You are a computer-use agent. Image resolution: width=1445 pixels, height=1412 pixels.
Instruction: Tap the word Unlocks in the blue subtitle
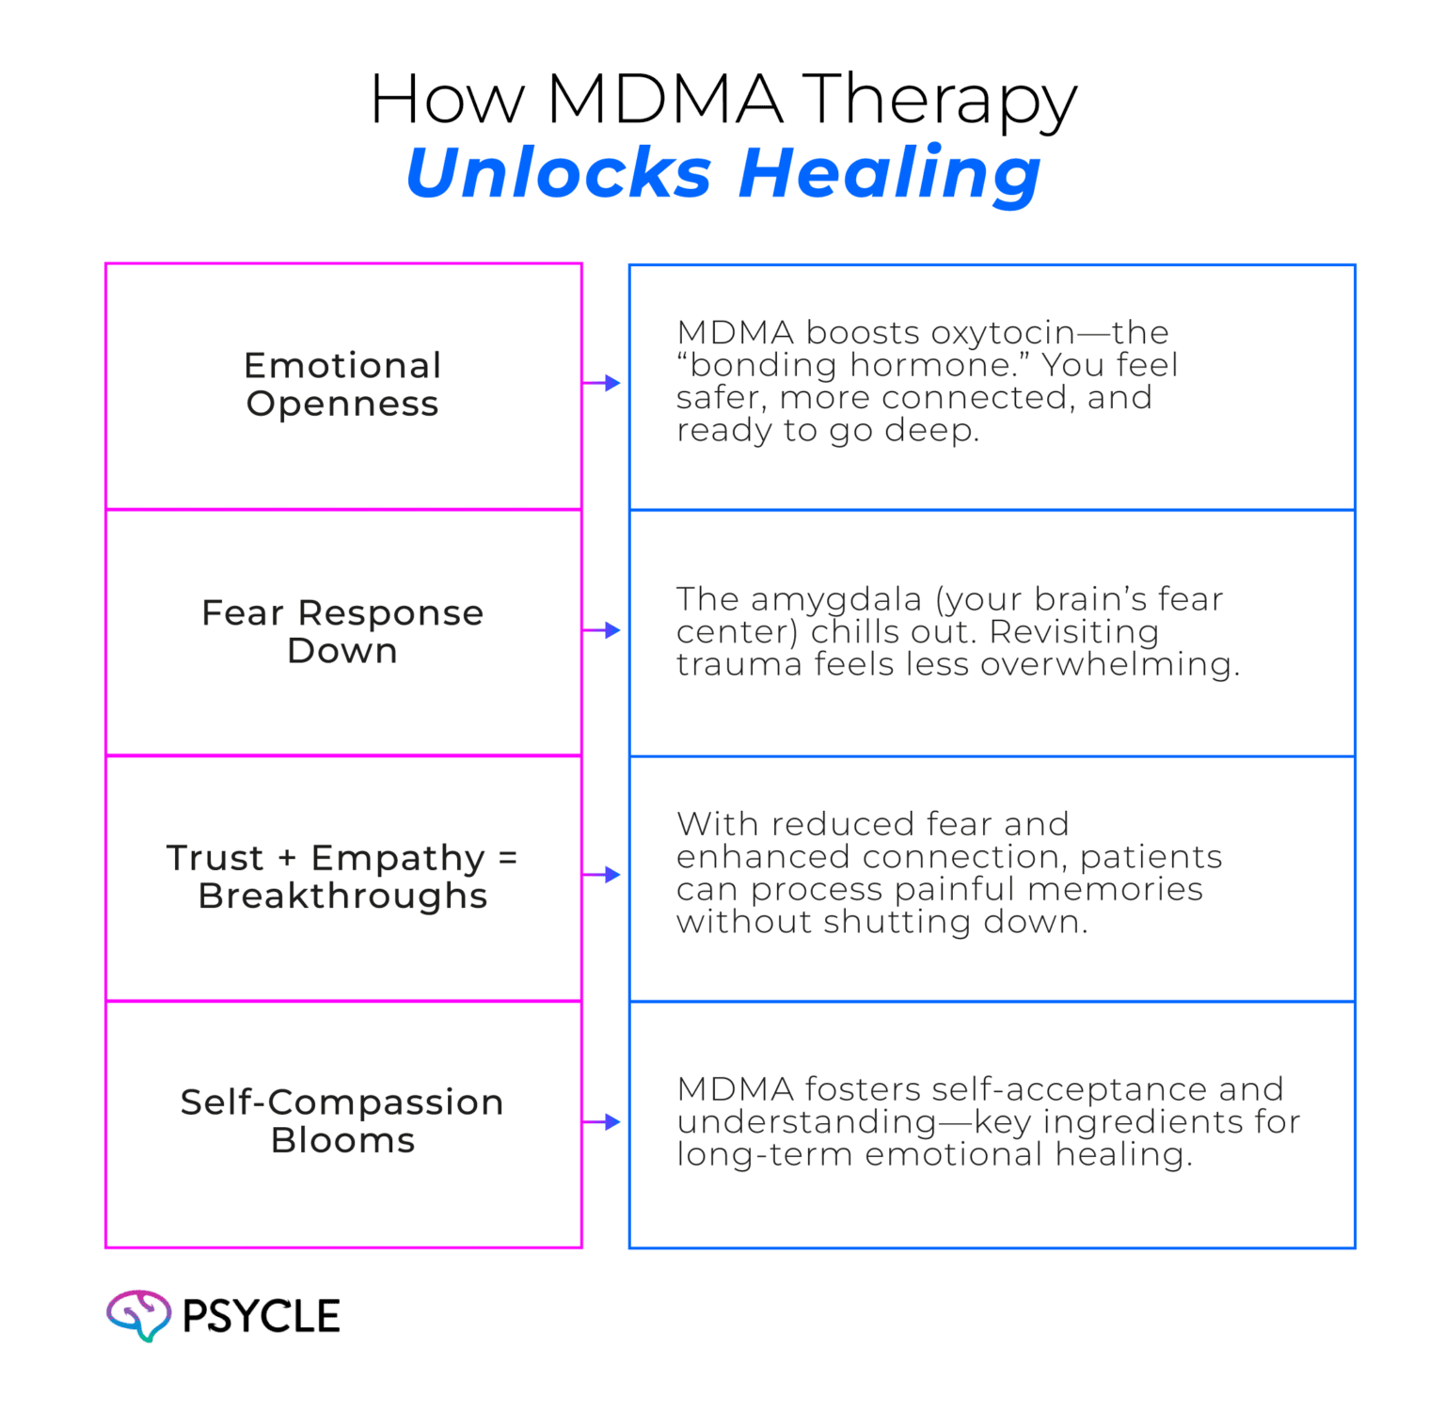(558, 173)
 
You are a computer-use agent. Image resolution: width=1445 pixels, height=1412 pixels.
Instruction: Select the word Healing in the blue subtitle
(889, 175)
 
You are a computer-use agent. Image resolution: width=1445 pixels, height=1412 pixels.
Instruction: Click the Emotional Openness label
(342, 385)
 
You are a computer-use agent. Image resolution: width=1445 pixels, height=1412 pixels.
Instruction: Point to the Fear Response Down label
(342, 631)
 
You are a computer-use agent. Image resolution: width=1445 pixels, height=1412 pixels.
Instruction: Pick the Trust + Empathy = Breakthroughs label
(342, 877)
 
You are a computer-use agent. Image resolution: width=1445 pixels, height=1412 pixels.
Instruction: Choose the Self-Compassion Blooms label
(342, 1121)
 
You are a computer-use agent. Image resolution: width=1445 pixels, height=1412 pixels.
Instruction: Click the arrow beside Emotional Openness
(603, 383)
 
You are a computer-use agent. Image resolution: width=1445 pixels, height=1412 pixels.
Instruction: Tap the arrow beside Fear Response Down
(603, 630)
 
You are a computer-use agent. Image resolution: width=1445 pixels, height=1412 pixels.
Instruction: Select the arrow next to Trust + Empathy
(603, 876)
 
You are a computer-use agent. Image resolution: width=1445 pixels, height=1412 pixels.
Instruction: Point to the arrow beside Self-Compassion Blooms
(603, 1122)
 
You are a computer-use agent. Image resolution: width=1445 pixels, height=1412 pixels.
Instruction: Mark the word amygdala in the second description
(836, 600)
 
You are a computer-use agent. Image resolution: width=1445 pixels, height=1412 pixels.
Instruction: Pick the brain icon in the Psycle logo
(138, 1314)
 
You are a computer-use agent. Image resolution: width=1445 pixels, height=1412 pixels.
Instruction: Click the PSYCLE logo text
(261, 1316)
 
